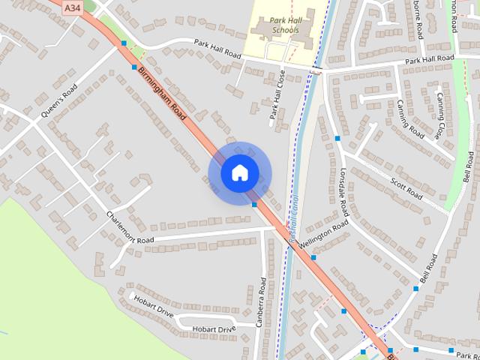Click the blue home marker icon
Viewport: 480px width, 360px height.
point(239,172)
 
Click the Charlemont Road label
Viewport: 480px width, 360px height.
point(129,228)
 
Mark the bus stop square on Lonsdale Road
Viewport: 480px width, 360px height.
point(338,139)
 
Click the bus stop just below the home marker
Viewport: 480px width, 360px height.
point(255,204)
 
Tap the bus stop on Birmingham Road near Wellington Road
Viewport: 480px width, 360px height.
point(313,257)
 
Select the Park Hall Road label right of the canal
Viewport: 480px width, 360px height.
point(429,58)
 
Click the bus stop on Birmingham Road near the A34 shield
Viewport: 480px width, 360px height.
point(124,44)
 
